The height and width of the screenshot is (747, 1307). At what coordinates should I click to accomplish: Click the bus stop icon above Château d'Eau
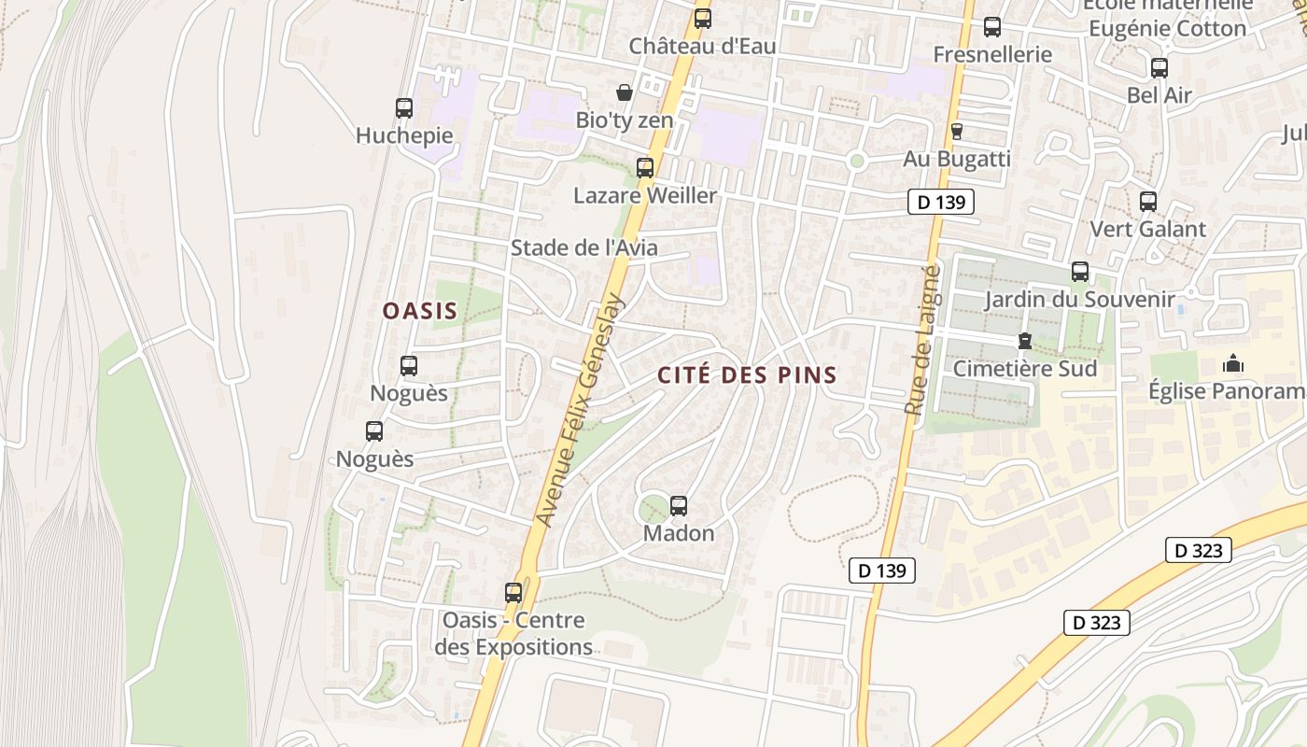(703, 18)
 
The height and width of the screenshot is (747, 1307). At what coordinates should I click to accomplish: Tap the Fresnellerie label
(992, 54)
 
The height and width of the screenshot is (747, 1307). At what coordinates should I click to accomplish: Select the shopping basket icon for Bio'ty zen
(625, 92)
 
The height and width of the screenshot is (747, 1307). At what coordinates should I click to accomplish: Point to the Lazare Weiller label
(645, 195)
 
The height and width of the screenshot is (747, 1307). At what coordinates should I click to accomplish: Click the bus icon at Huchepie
(404, 108)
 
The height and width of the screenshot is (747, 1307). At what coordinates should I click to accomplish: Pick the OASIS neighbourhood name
(420, 311)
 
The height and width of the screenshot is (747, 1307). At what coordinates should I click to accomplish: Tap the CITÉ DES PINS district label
(747, 375)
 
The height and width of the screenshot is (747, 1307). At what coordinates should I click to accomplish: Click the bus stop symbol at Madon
(679, 506)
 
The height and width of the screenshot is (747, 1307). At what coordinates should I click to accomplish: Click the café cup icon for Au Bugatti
(956, 132)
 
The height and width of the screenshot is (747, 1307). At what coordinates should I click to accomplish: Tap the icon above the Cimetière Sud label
(1025, 342)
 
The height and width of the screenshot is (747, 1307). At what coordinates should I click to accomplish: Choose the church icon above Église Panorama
(1233, 363)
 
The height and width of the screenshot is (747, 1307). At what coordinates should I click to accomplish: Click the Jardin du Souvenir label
(1079, 300)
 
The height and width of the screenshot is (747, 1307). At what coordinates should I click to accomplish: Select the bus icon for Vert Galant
(1148, 202)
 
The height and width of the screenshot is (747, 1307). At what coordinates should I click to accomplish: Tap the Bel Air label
(1159, 94)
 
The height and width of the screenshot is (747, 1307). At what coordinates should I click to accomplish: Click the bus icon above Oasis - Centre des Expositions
(513, 593)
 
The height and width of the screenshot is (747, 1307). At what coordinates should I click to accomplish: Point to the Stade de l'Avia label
(583, 247)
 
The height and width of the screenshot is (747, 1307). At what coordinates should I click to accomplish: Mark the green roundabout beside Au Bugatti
(857, 162)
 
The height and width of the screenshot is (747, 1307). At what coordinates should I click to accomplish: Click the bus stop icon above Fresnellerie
(992, 27)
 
